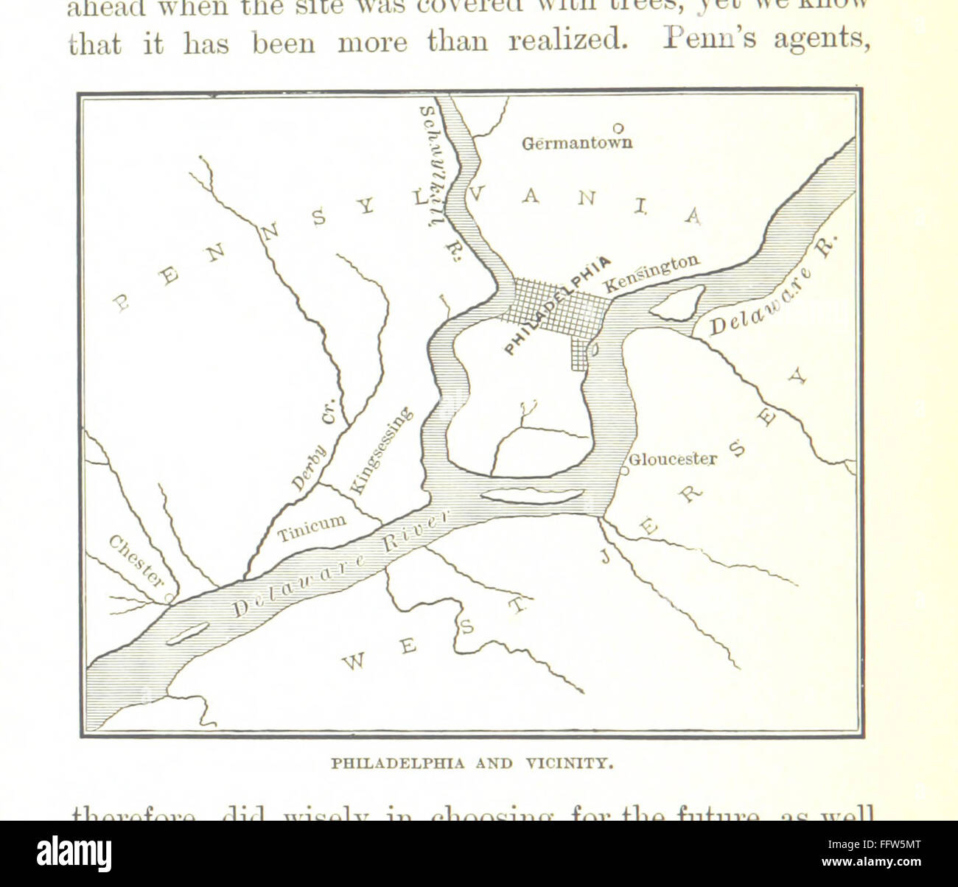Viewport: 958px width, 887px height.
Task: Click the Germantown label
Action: coord(576,142)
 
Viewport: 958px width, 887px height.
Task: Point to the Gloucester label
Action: coord(674,460)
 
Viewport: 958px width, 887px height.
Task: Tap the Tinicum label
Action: coord(312,527)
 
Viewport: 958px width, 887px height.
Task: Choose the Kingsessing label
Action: coord(380,450)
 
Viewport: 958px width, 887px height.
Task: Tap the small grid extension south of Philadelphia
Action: coord(581,354)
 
